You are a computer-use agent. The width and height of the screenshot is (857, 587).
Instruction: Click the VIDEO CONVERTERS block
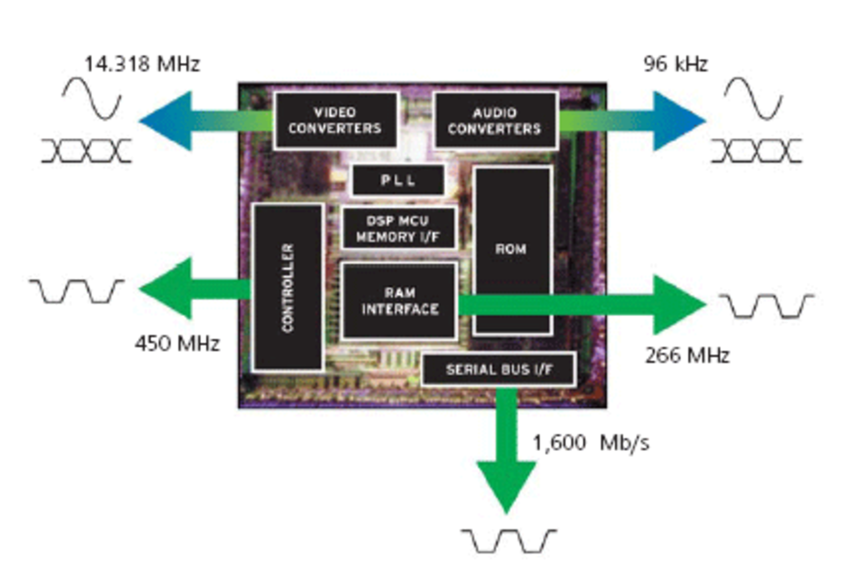coord(335,120)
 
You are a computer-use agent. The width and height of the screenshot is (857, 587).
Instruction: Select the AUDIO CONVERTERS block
coord(495,120)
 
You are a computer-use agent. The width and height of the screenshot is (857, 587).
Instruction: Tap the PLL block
coord(398,180)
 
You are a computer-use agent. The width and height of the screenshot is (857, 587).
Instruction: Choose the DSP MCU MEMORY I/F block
coord(398,228)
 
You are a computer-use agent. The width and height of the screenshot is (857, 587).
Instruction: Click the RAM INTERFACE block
coord(399,301)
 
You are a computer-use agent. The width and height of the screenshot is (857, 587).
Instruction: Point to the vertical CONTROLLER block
coord(288,288)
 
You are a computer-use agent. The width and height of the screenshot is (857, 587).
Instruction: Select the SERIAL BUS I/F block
coord(499,370)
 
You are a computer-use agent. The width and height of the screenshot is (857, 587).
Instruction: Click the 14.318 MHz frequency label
coord(142,64)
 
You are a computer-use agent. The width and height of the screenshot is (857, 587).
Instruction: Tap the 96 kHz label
coord(675,64)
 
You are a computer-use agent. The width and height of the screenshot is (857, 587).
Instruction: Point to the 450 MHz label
coord(178,343)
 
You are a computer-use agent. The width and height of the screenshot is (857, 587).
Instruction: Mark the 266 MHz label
coord(687,356)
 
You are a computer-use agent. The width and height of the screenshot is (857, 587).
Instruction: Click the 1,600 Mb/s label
coord(591,443)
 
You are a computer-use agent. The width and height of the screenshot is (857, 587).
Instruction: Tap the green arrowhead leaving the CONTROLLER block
coord(167,288)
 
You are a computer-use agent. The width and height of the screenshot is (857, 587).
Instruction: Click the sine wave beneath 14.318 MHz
coord(92,98)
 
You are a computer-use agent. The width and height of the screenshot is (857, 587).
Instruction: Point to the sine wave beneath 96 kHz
coord(753,98)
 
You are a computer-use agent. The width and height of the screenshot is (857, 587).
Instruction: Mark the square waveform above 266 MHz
coord(766,306)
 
